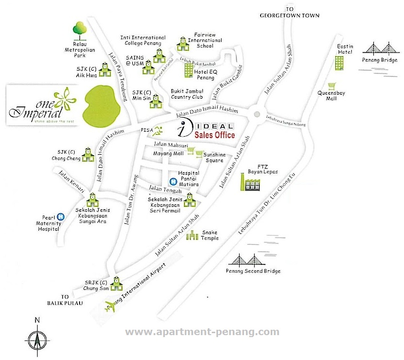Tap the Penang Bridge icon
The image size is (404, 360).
[383, 50]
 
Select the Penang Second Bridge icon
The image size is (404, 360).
[247, 260]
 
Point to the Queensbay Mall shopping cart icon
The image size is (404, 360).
[333, 85]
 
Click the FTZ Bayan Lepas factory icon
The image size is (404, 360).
[252, 182]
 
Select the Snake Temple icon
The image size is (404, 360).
[194, 236]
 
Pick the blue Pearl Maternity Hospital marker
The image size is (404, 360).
[61, 217]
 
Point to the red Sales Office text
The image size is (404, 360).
[214, 135]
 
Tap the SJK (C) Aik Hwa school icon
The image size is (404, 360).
[104, 71]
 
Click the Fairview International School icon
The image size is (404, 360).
[183, 44]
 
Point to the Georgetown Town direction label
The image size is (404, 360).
[291, 13]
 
